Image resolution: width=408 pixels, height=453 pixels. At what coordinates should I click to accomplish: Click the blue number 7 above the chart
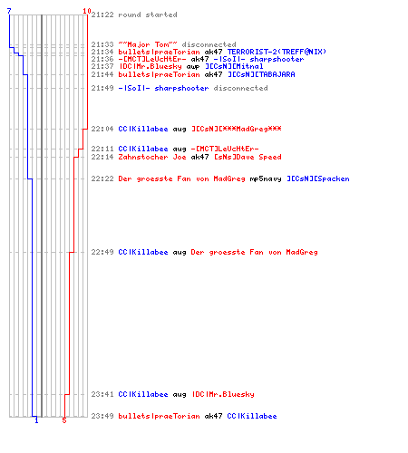[x=9, y=11]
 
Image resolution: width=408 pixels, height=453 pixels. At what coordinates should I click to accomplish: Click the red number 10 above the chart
[x=87, y=11]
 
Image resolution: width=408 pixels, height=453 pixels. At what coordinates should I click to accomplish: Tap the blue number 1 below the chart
[x=36, y=420]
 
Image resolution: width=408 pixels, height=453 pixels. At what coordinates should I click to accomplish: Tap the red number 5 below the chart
[x=64, y=420]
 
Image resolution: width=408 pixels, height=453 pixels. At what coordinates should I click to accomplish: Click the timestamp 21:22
[x=102, y=14]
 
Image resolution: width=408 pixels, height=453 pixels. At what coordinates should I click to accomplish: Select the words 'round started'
[x=148, y=14]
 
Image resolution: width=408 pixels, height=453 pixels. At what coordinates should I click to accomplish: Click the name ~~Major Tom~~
[x=148, y=44]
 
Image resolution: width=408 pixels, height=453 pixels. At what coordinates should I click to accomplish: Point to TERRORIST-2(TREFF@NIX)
[x=277, y=52]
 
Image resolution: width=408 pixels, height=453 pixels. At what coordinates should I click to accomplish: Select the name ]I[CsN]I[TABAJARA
[x=261, y=74]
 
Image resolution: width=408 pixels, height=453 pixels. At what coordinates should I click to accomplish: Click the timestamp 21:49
[x=102, y=88]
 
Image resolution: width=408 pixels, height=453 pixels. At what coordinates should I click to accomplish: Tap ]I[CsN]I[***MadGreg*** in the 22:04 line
[x=237, y=129]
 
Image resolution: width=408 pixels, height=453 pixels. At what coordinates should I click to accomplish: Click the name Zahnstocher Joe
[x=152, y=157]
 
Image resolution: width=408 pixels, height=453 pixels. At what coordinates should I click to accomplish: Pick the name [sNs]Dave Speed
[x=248, y=157]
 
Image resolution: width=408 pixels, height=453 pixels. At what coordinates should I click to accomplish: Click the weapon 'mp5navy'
[x=266, y=179]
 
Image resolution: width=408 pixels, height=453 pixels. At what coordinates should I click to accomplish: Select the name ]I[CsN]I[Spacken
[x=318, y=178]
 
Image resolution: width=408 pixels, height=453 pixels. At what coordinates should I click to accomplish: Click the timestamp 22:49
[x=102, y=252]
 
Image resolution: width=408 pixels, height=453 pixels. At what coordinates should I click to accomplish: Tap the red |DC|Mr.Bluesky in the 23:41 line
[x=223, y=394]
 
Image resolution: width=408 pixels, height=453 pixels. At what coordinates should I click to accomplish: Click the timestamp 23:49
[x=102, y=416]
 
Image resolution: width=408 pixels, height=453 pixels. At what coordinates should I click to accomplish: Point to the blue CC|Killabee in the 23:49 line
[x=252, y=416]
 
